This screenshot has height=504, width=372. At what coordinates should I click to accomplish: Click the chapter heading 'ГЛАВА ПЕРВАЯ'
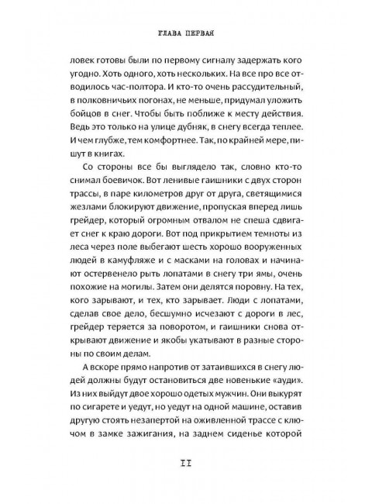(186, 33)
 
